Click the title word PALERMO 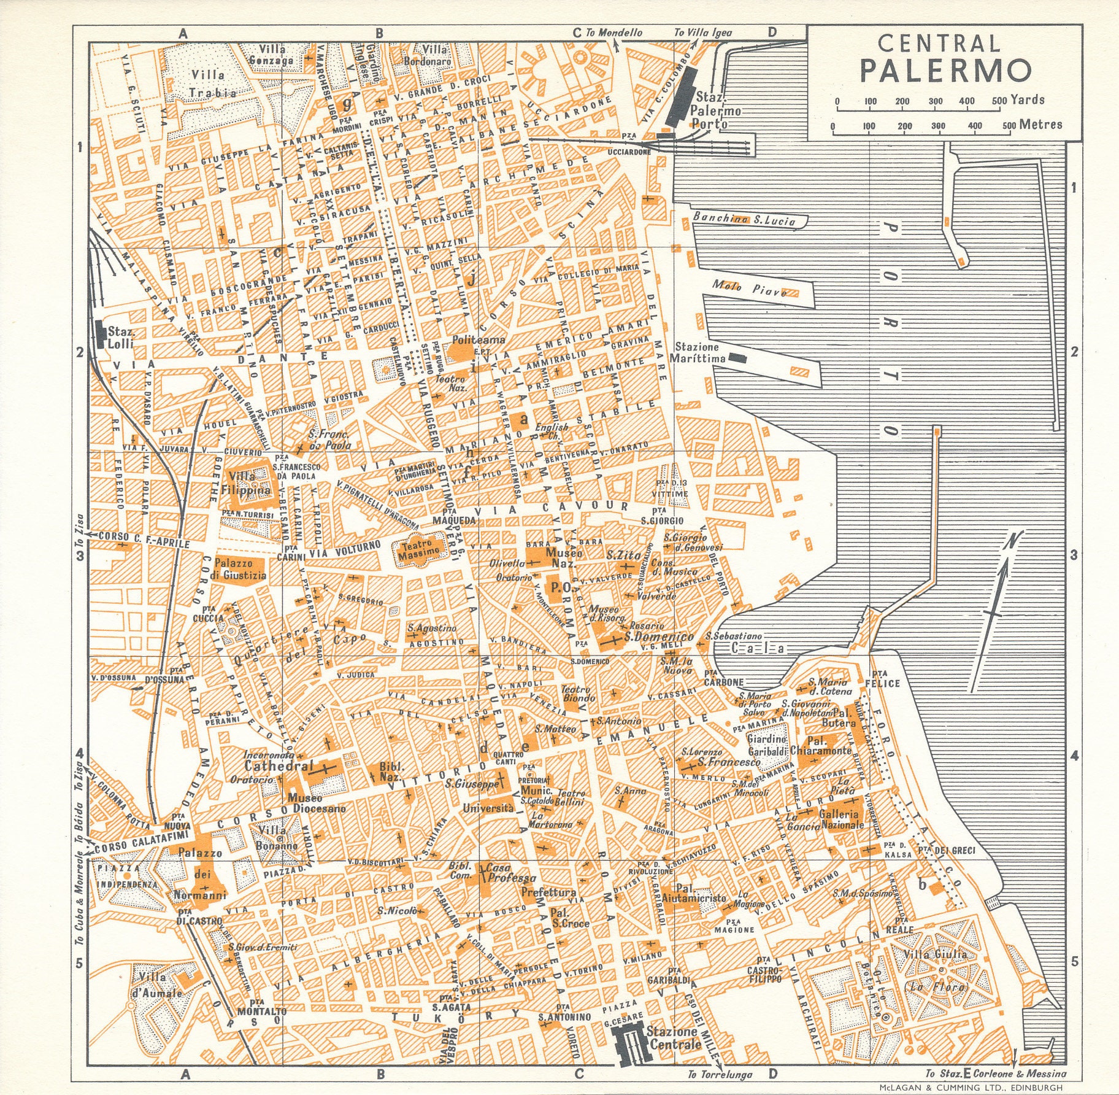coord(945,71)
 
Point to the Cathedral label coord(270,766)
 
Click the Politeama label coord(479,339)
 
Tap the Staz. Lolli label coord(120,338)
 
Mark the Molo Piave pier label coord(749,288)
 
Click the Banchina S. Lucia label coord(744,219)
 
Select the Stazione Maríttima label coord(698,352)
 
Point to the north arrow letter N coord(1011,541)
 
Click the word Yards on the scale coord(1027,99)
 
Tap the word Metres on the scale coord(1040,125)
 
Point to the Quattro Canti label coord(509,758)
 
